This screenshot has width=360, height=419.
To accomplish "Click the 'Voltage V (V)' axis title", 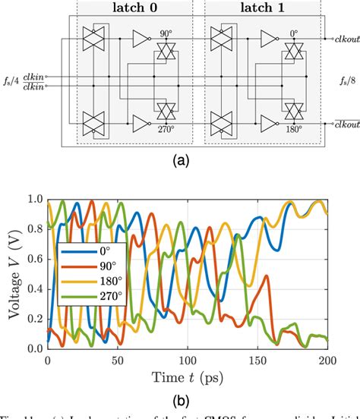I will (11, 273).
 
